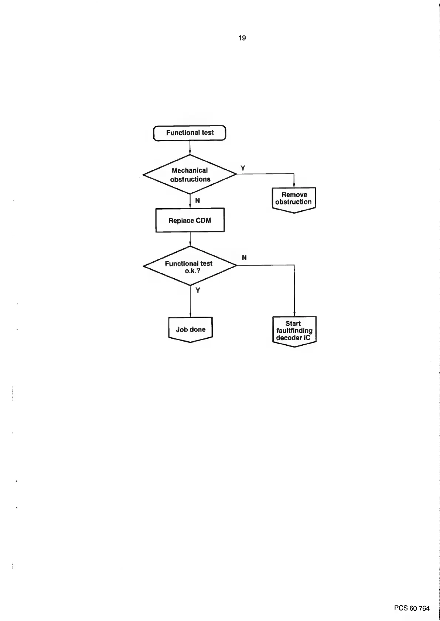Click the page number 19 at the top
coord(242,38)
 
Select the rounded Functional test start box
coord(190,133)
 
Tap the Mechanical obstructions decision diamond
coord(190,175)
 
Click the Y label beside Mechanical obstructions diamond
coord(243,168)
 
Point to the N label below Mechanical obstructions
coord(198,201)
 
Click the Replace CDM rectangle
coord(190,220)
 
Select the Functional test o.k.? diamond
coord(190,266)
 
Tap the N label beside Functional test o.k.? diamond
coord(244,258)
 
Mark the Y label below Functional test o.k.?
coord(198,290)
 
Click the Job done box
coord(190,329)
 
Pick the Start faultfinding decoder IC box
coord(294,331)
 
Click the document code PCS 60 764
coord(412,608)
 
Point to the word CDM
coord(203,221)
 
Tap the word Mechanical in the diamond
coord(190,170)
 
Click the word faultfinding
coord(294,331)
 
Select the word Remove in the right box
coord(294,195)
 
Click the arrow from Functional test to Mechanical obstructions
coord(190,148)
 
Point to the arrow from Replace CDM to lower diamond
coord(190,239)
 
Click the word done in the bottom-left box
coord(198,330)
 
